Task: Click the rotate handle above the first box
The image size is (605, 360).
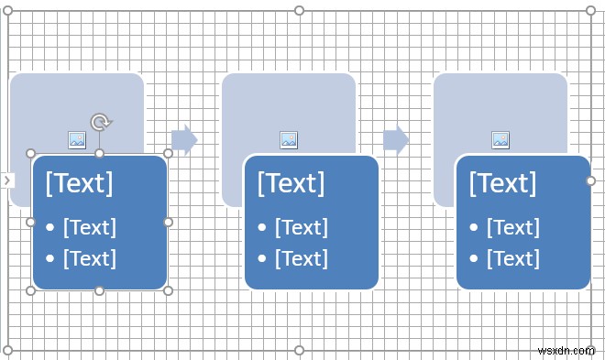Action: [100, 121]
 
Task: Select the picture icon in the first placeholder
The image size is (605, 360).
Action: [77, 139]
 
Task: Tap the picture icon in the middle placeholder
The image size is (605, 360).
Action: [289, 139]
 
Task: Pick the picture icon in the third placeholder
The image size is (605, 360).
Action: [500, 139]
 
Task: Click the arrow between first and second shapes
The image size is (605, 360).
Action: [184, 139]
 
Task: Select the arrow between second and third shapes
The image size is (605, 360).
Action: [396, 139]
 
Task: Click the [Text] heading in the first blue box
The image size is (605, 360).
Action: [79, 182]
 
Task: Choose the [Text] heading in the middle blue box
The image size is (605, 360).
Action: [291, 182]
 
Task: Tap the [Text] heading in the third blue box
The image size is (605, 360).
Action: [502, 182]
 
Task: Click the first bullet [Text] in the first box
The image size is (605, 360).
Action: [90, 227]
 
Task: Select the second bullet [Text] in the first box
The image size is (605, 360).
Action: [90, 258]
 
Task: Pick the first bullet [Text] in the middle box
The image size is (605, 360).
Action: [302, 227]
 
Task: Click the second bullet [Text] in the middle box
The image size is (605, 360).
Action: [302, 258]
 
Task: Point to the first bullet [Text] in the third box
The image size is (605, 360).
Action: [513, 227]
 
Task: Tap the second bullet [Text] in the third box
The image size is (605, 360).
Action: [513, 258]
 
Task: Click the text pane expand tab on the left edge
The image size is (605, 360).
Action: [6, 180]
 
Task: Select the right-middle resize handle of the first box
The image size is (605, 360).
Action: [168, 222]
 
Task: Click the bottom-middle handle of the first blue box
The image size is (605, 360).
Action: [100, 290]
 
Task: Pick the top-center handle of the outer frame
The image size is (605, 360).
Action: [299, 10]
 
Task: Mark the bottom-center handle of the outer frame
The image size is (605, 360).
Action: [299, 350]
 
